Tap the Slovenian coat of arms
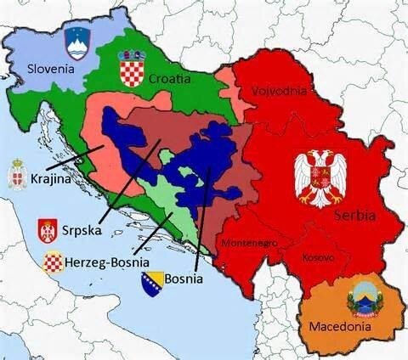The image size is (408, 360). point(77,40)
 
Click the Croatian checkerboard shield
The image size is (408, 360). point(133,68)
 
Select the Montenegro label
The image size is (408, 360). point(249,243)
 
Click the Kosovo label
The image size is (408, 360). point(319,256)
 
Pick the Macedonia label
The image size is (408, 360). point(339,326)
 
